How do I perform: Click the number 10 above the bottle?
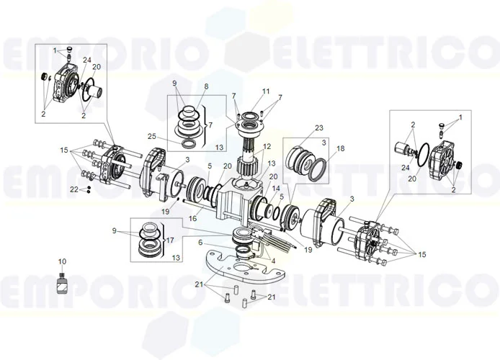click(61, 261)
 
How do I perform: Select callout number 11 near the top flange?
click(246, 91)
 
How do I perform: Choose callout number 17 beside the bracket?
click(171, 239)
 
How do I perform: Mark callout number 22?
click(73, 189)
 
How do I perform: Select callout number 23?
click(319, 127)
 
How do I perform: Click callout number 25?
click(152, 136)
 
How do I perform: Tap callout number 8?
click(206, 86)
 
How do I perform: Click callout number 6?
click(201, 243)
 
